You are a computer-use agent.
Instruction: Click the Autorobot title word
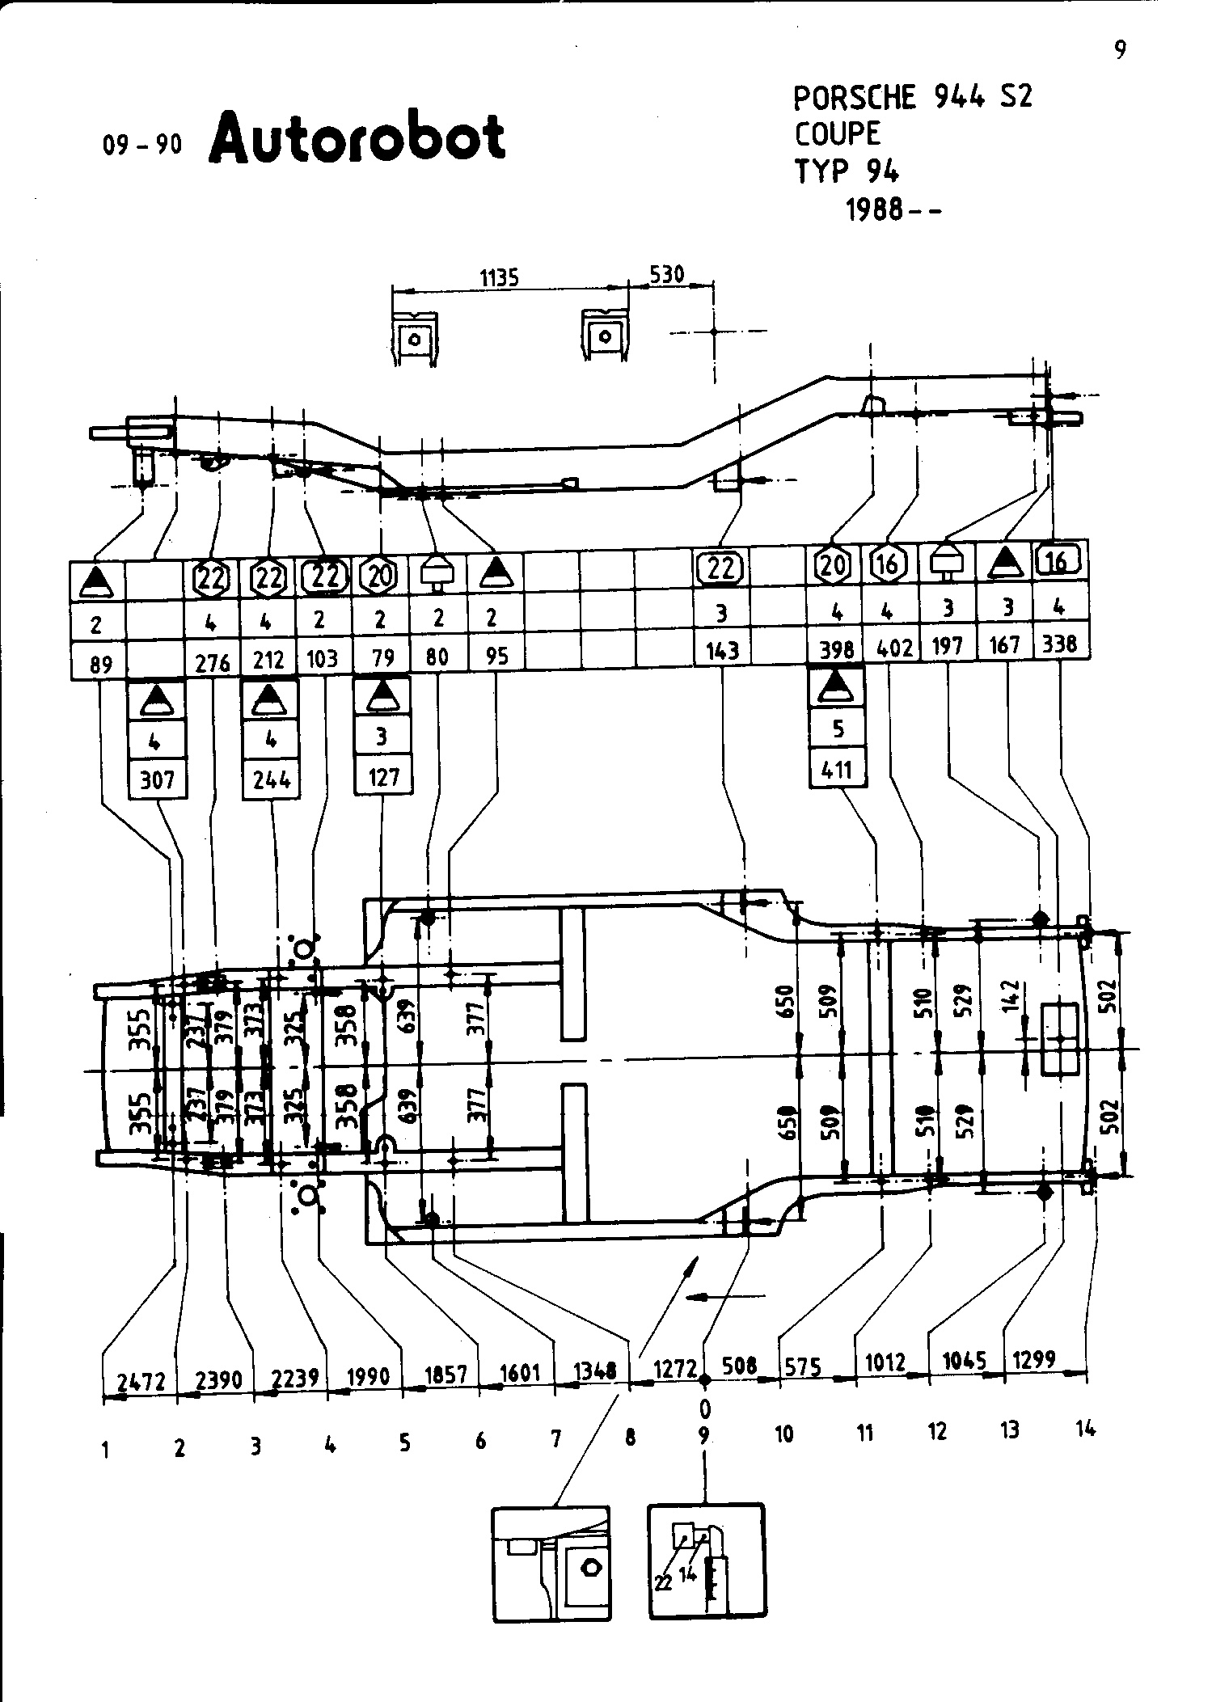click(357, 137)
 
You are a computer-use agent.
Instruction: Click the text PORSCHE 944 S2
click(912, 98)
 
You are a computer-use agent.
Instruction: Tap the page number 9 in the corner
click(1120, 51)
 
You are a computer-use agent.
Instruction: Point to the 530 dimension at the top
click(667, 275)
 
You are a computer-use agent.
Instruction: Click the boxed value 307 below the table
click(158, 779)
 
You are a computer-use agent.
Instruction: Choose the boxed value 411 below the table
click(837, 768)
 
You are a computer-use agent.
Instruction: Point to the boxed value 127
click(383, 776)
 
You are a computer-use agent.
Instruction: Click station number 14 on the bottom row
click(1085, 1429)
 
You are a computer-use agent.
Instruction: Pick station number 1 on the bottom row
click(105, 1451)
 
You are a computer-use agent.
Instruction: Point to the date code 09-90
click(142, 146)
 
